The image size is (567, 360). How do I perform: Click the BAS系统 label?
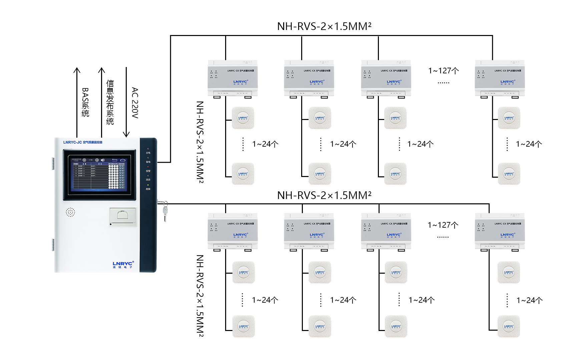pos(85,102)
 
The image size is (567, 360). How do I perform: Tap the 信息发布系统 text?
pos(110,102)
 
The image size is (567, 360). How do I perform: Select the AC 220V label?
pos(135,103)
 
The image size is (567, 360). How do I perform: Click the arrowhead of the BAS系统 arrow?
pos(77,70)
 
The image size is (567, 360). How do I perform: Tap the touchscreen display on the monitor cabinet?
pos(99,174)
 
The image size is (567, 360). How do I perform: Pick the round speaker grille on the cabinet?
pos(70,212)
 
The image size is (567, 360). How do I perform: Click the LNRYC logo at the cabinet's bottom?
pos(123,265)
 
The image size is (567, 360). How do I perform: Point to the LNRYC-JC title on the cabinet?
pos(83,142)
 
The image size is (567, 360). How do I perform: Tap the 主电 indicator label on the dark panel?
pos(148,153)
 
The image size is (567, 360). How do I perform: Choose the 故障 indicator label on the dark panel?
pos(148,189)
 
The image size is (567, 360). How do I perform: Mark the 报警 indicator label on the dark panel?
pos(148,171)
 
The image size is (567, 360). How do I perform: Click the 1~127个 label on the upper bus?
pos(444,71)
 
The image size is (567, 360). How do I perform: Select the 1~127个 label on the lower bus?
pos(443,225)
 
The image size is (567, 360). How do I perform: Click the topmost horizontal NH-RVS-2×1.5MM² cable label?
pos(324,26)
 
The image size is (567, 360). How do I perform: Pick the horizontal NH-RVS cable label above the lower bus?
pos(324,195)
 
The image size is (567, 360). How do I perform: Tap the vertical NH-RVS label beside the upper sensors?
pos(200,142)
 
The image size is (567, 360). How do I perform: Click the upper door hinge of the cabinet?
pos(53,163)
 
